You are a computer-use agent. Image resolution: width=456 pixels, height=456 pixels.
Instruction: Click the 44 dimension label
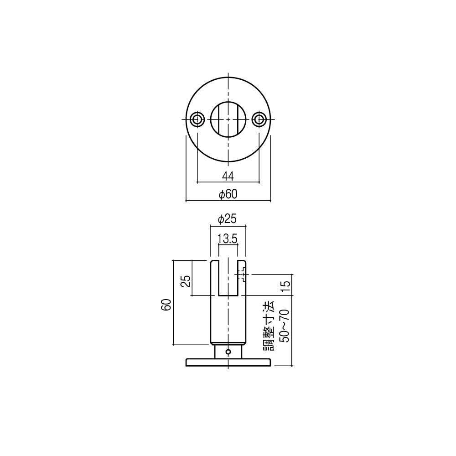coord(228,176)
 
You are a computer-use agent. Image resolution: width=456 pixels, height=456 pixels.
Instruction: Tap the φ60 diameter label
coord(228,194)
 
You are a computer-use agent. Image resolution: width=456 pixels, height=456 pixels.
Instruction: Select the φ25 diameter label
coord(228,219)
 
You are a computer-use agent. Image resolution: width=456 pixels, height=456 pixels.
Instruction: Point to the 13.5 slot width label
coord(228,239)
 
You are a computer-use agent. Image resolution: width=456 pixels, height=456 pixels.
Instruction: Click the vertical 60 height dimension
coord(166,305)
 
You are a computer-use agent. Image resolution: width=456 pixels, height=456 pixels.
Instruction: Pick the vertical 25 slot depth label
coord(186,281)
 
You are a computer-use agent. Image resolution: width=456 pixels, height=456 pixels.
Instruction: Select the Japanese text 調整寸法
coord(269,326)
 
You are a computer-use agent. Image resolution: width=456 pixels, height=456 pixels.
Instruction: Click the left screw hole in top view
coord(197,119)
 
